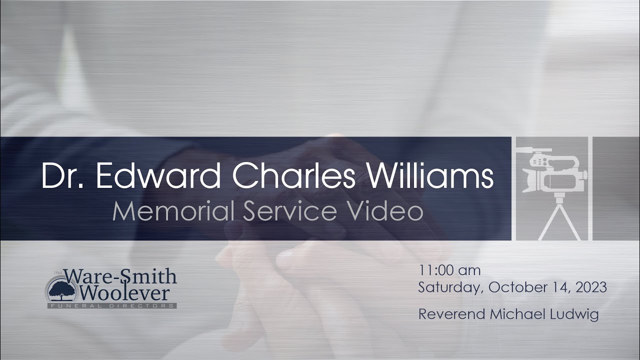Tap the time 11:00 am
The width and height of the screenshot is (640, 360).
pos(449,271)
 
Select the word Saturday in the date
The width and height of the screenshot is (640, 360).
pos(450,288)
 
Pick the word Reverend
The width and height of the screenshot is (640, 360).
pos(451,314)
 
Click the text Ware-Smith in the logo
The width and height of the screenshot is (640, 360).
pos(120,276)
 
